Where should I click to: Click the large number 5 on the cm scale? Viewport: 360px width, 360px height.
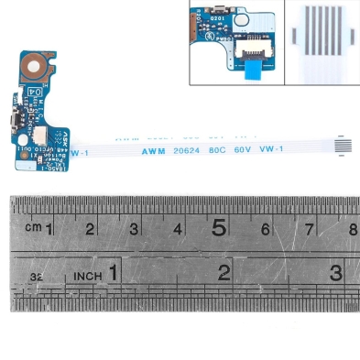click(x=219, y=227)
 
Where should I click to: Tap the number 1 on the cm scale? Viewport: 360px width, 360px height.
click(x=49, y=227)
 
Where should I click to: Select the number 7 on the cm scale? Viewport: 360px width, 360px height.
click(x=309, y=228)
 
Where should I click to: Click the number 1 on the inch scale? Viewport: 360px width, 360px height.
click(x=112, y=272)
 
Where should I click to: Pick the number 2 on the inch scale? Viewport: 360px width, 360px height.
click(x=224, y=272)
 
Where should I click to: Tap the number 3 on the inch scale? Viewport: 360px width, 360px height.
click(x=336, y=272)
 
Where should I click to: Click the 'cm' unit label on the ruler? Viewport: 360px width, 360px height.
click(x=33, y=227)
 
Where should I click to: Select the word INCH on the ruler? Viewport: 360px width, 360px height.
click(x=87, y=274)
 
